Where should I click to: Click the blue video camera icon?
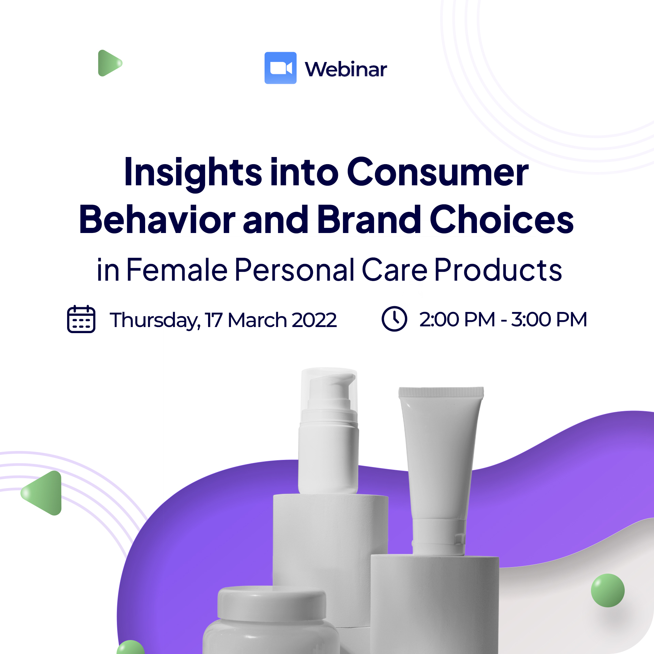pos(280,68)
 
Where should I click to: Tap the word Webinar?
pos(346,69)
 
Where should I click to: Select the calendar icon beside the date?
pos(81,319)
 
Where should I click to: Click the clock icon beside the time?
pos(394,319)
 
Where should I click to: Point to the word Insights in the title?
pos(193,173)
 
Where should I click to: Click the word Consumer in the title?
pos(438,172)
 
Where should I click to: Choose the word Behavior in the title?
pos(157,219)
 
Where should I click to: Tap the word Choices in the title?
pos(502,219)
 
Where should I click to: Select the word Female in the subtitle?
pos(177,269)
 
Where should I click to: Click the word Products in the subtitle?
pos(498,269)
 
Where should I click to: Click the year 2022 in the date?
pos(314,320)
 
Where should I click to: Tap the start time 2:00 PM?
pos(457,320)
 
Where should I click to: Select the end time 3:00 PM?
pos(549,320)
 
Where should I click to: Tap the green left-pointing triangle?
pos(41,493)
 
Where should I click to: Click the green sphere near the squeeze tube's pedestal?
pos(608,590)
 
